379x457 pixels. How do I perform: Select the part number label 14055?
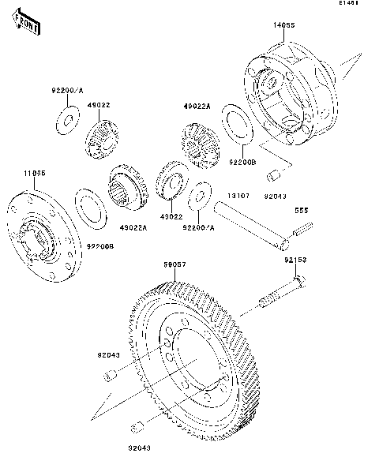(285, 26)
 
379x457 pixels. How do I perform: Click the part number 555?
(301, 211)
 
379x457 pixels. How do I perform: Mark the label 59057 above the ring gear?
(174, 265)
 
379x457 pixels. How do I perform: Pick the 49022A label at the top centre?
(197, 103)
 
